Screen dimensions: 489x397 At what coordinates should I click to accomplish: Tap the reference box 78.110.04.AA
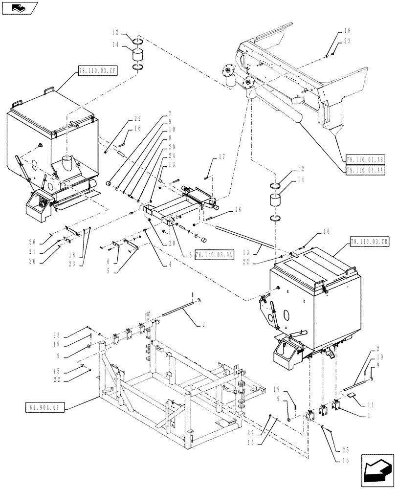[x=365, y=170]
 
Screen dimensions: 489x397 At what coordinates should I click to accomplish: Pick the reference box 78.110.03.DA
[x=214, y=255]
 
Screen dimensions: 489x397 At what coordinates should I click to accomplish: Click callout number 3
[x=188, y=255]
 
